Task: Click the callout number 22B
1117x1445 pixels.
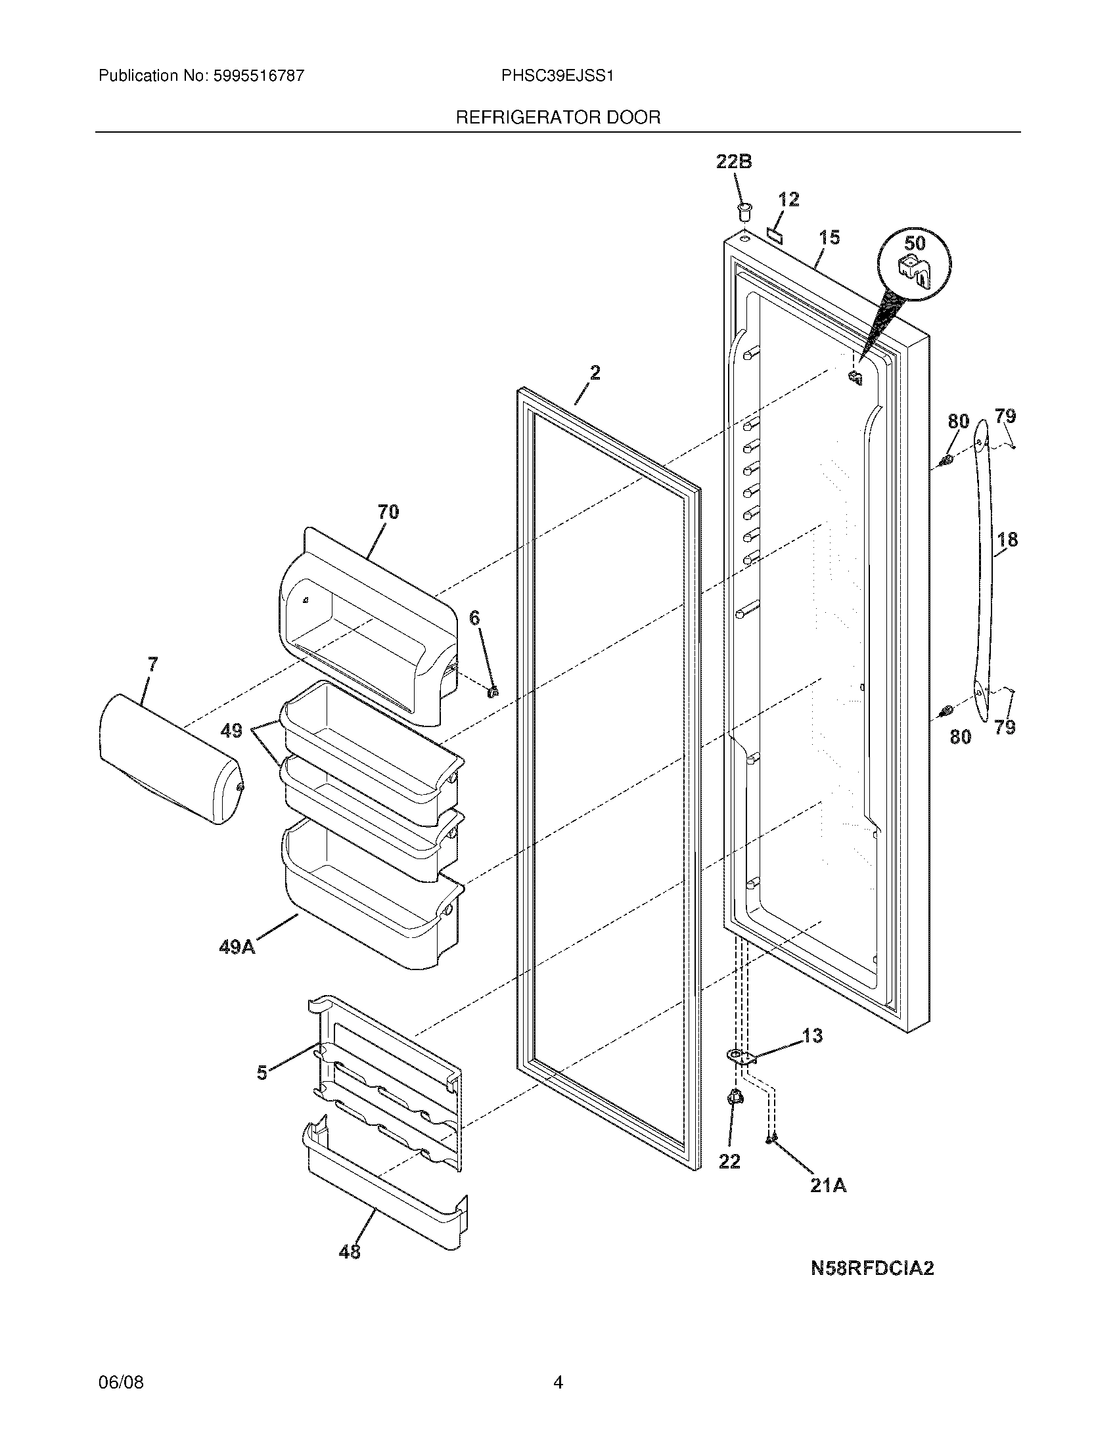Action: click(734, 162)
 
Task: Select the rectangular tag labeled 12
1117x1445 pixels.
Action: click(774, 234)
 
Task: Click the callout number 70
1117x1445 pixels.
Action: click(388, 512)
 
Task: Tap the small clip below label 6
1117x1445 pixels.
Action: click(492, 692)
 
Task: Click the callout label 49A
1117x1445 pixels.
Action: click(237, 947)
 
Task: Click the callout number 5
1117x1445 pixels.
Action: click(262, 1073)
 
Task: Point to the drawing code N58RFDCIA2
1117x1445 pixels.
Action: click(872, 1268)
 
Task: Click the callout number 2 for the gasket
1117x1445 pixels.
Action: click(595, 373)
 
